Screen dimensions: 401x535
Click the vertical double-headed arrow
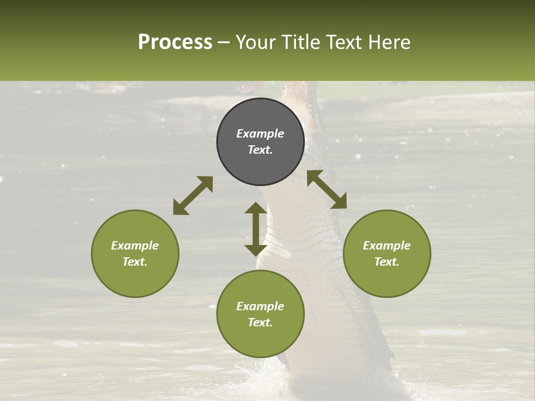click(x=256, y=229)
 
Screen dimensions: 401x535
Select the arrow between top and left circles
click(x=193, y=195)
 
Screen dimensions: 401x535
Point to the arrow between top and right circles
click(x=327, y=189)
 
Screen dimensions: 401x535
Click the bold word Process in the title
click(x=175, y=42)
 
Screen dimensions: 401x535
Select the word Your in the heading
click(x=256, y=42)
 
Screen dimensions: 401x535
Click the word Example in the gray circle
click(x=260, y=134)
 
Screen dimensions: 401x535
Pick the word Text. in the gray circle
click(x=260, y=150)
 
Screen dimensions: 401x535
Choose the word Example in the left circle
click(x=135, y=246)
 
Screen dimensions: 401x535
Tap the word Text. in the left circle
click(x=135, y=262)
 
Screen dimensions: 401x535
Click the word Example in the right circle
click(x=387, y=246)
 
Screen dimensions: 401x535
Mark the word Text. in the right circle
click(x=387, y=262)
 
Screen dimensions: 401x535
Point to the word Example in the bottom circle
click(x=260, y=306)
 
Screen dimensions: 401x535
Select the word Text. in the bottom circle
click(x=260, y=322)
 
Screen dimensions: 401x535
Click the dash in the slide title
click(x=224, y=42)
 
